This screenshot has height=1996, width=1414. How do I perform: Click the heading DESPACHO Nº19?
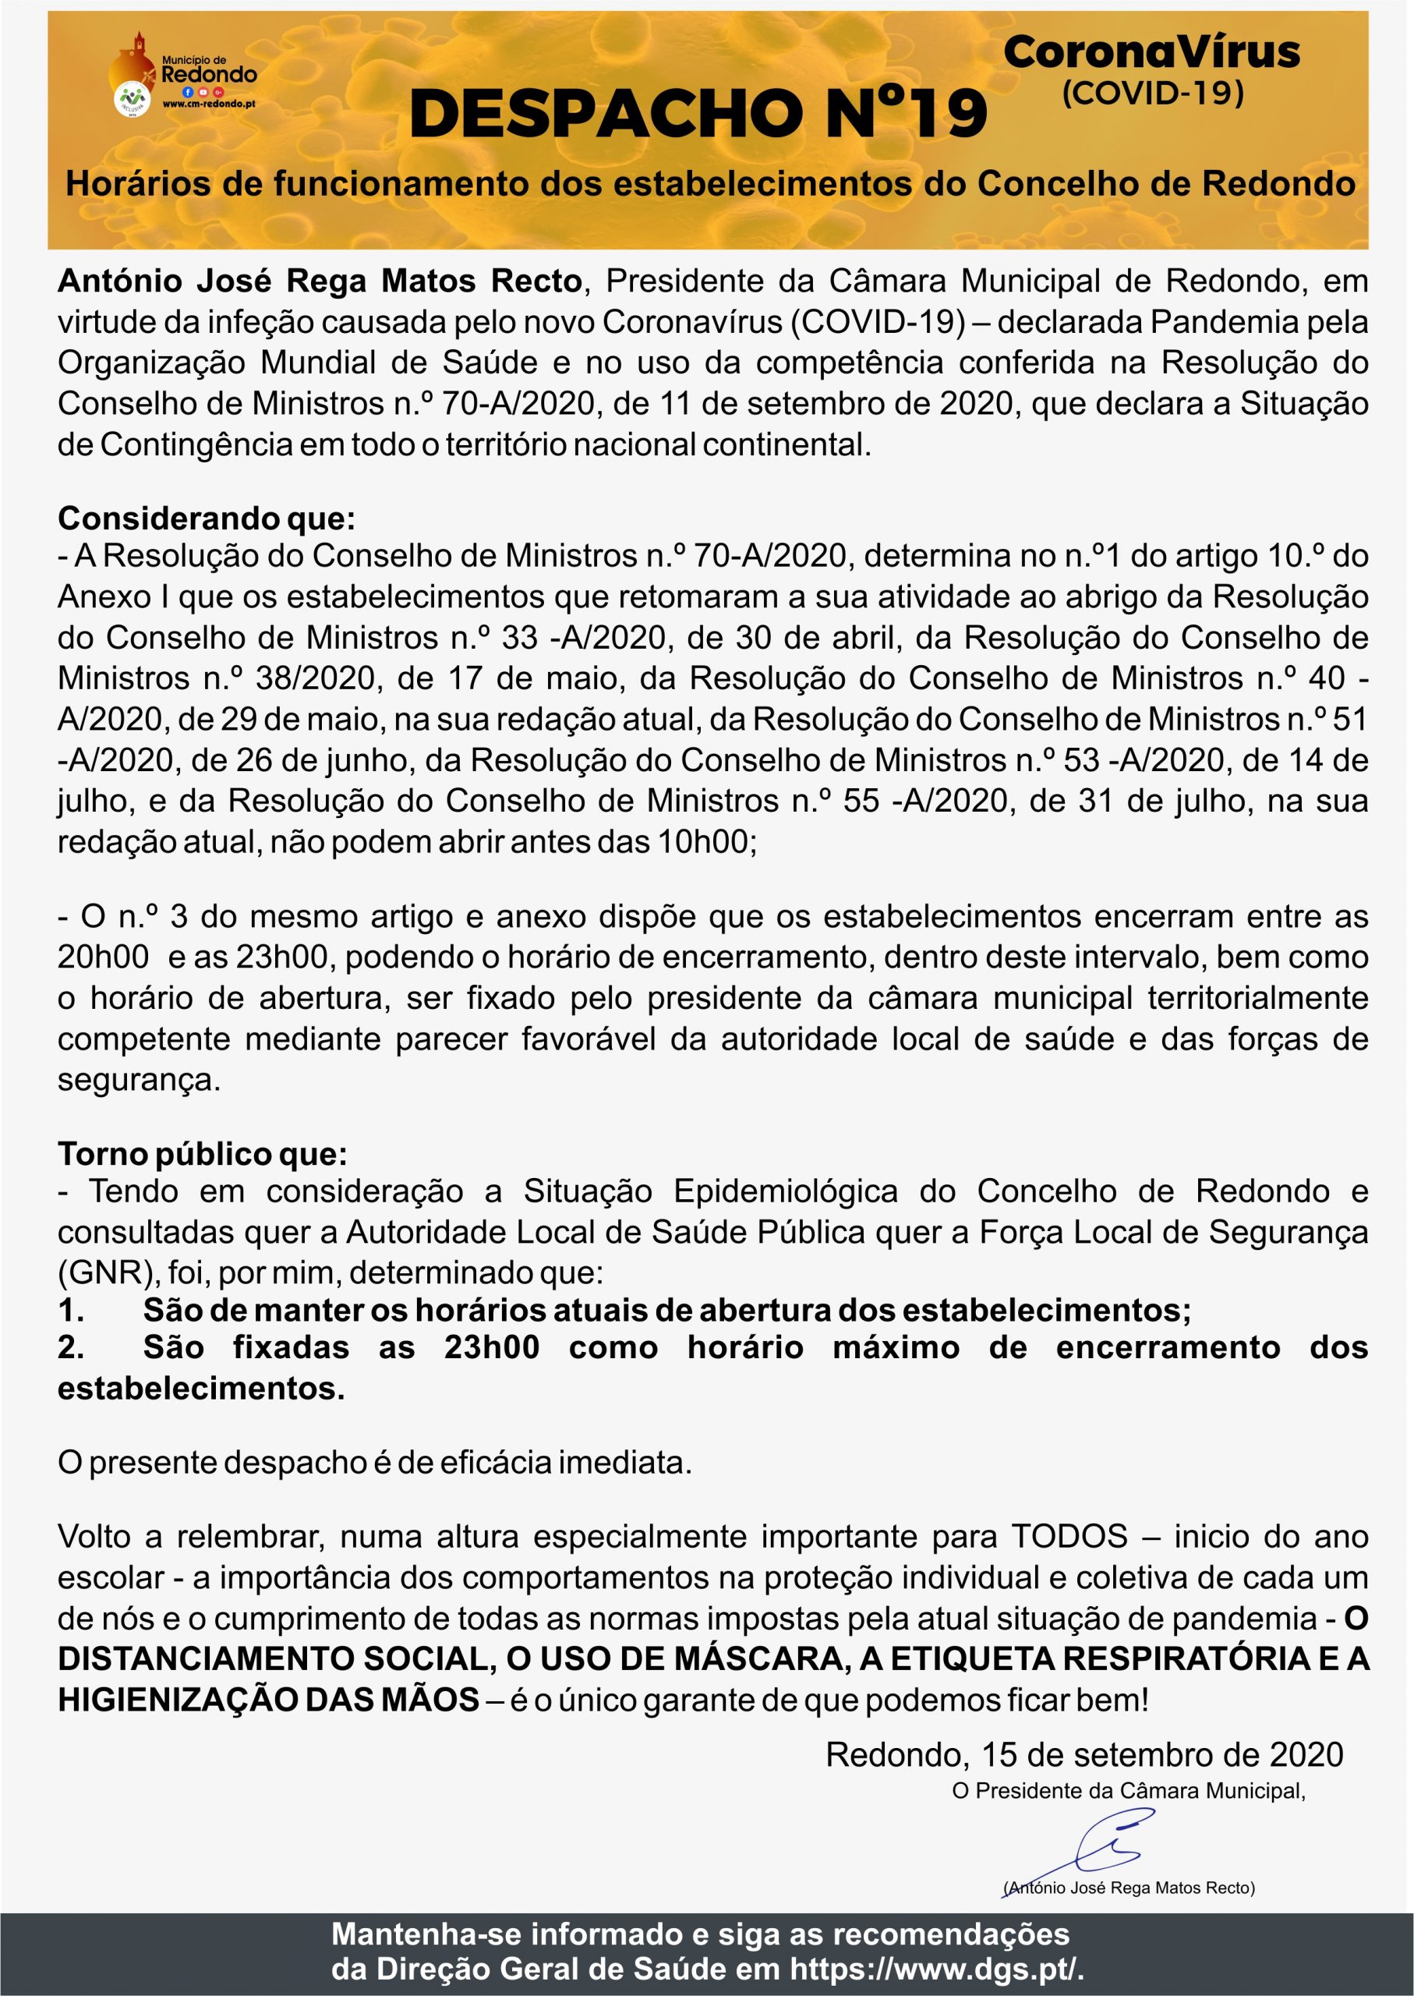(698, 114)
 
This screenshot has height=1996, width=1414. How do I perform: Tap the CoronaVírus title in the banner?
(1151, 52)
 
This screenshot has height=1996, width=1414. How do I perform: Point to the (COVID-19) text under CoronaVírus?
(1152, 92)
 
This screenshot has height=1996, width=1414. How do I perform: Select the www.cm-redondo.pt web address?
(209, 104)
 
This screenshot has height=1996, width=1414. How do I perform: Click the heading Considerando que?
(207, 518)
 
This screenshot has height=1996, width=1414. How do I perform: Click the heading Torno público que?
(202, 1153)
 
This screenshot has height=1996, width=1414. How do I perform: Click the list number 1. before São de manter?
(72, 1310)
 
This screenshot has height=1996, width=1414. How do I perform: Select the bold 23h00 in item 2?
(491, 1347)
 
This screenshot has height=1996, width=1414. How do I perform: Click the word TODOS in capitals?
(1069, 1536)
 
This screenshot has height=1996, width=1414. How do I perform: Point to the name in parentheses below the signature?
(1129, 1888)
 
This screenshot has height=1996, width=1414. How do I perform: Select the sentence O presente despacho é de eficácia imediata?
(374, 1462)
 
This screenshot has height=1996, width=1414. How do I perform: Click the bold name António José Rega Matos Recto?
(320, 281)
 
